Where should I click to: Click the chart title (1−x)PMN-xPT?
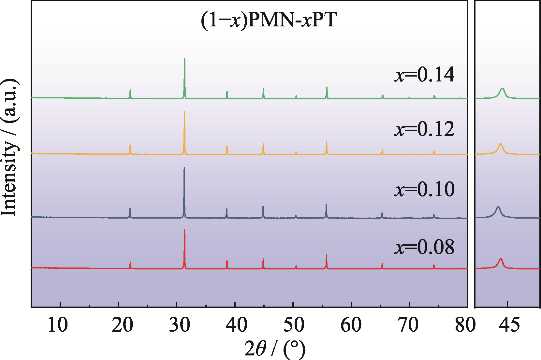tap(268, 20)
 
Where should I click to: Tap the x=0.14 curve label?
tap(424, 75)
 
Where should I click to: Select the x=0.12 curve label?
tap(424, 129)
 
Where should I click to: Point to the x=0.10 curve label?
tap(424, 189)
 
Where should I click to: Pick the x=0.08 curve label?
tap(424, 247)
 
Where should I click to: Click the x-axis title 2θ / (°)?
tap(274, 349)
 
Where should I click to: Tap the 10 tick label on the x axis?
tap(58, 325)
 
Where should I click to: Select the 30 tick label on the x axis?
tap(180, 325)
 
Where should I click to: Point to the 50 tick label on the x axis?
tap(294, 325)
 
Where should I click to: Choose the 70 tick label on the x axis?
tap(408, 325)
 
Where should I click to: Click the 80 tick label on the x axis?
tap(465, 325)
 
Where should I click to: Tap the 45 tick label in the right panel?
tap(509, 325)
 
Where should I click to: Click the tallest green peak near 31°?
tap(184, 60)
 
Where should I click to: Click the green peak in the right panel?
tap(502, 89)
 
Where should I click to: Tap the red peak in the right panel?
tap(501, 259)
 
